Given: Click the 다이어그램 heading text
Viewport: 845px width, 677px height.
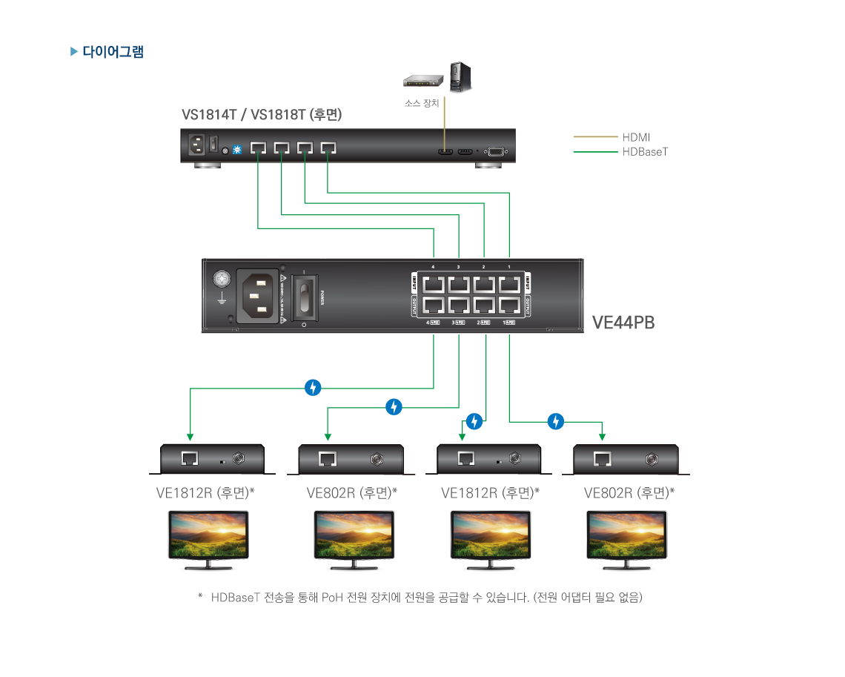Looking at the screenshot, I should coord(113,52).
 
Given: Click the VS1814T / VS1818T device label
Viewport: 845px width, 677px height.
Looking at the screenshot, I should coord(262,115).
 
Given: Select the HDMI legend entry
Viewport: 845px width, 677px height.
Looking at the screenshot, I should coord(635,137).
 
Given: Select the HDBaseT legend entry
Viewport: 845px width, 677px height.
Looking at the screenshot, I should coord(645,152).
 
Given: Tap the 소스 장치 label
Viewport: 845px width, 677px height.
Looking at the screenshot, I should coord(421,104).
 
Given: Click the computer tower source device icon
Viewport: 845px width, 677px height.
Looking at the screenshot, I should coord(460,77).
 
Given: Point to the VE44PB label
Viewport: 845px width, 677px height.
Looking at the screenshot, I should coord(623,323).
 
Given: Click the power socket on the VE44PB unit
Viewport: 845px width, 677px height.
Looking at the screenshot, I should coord(257,295).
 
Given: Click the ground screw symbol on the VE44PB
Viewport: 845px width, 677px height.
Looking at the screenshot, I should coord(221,280).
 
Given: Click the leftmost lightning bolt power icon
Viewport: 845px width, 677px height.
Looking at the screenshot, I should coord(314,387).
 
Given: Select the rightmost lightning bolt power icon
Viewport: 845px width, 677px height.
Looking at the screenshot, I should coord(555,422).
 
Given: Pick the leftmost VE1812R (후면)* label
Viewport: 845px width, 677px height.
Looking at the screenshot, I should coord(205,493).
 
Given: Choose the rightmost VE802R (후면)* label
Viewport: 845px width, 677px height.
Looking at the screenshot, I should coord(629,493).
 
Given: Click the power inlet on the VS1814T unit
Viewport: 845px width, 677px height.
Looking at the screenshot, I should coord(198,145).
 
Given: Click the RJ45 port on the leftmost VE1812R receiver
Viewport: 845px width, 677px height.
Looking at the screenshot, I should coord(190,458).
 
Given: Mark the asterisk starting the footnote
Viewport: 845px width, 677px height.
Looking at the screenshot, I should coord(200,597).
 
